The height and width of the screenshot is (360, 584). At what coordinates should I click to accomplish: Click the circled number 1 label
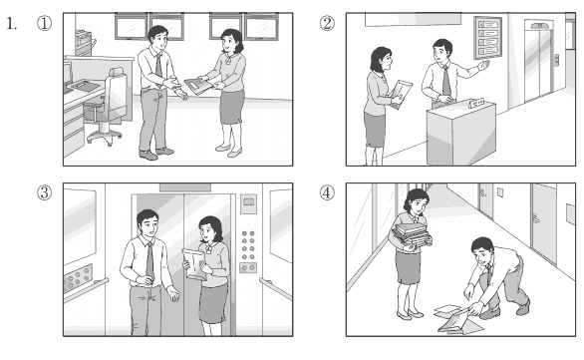click(44, 23)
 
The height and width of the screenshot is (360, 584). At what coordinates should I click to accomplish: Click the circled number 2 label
click(327, 23)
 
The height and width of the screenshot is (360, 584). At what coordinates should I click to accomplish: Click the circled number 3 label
click(44, 192)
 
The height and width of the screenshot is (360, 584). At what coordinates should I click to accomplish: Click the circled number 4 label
click(327, 192)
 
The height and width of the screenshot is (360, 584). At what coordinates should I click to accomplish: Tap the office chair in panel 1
click(108, 108)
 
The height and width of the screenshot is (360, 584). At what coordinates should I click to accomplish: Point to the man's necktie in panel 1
click(158, 67)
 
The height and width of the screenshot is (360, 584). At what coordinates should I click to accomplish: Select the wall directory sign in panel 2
click(487, 38)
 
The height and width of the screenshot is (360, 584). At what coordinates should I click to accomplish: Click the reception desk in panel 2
click(461, 134)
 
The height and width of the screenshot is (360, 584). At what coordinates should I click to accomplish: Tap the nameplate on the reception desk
click(476, 103)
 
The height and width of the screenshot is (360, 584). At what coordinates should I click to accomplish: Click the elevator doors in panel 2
click(538, 64)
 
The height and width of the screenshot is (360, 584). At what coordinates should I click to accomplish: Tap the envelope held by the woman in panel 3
click(194, 264)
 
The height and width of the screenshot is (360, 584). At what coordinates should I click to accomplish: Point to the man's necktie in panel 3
click(149, 261)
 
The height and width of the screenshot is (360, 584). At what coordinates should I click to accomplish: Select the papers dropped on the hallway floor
click(458, 319)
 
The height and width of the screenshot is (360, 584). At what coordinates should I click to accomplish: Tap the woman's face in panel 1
click(228, 45)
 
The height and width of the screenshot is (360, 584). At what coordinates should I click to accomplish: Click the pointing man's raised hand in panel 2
click(483, 66)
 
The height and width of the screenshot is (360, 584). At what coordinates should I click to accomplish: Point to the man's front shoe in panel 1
click(148, 155)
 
